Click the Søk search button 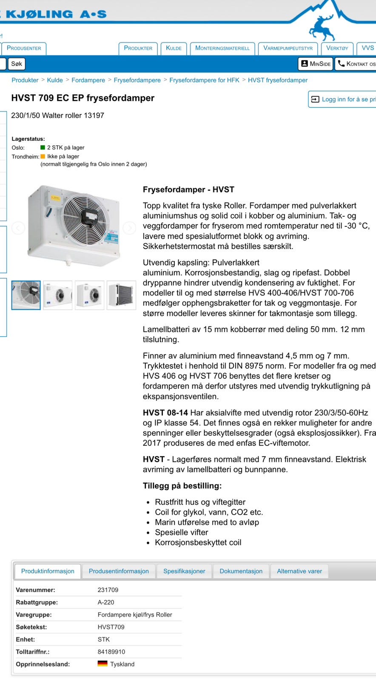click(x=17, y=64)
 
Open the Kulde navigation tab click(x=174, y=48)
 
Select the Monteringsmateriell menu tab click(x=222, y=48)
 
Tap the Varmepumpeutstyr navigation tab click(x=288, y=48)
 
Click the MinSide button click(x=316, y=64)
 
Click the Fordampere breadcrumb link click(x=88, y=80)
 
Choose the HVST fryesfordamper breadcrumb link click(x=277, y=80)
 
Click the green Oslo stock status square click(x=43, y=147)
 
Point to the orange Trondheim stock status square click(x=43, y=156)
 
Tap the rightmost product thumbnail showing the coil click(x=121, y=295)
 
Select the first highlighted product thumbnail click(x=26, y=295)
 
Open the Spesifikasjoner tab click(x=184, y=571)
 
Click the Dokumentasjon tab click(x=241, y=571)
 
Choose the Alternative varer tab click(x=299, y=571)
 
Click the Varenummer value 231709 click(x=108, y=590)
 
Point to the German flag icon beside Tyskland click(x=103, y=664)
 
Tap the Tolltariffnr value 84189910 click(x=111, y=652)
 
